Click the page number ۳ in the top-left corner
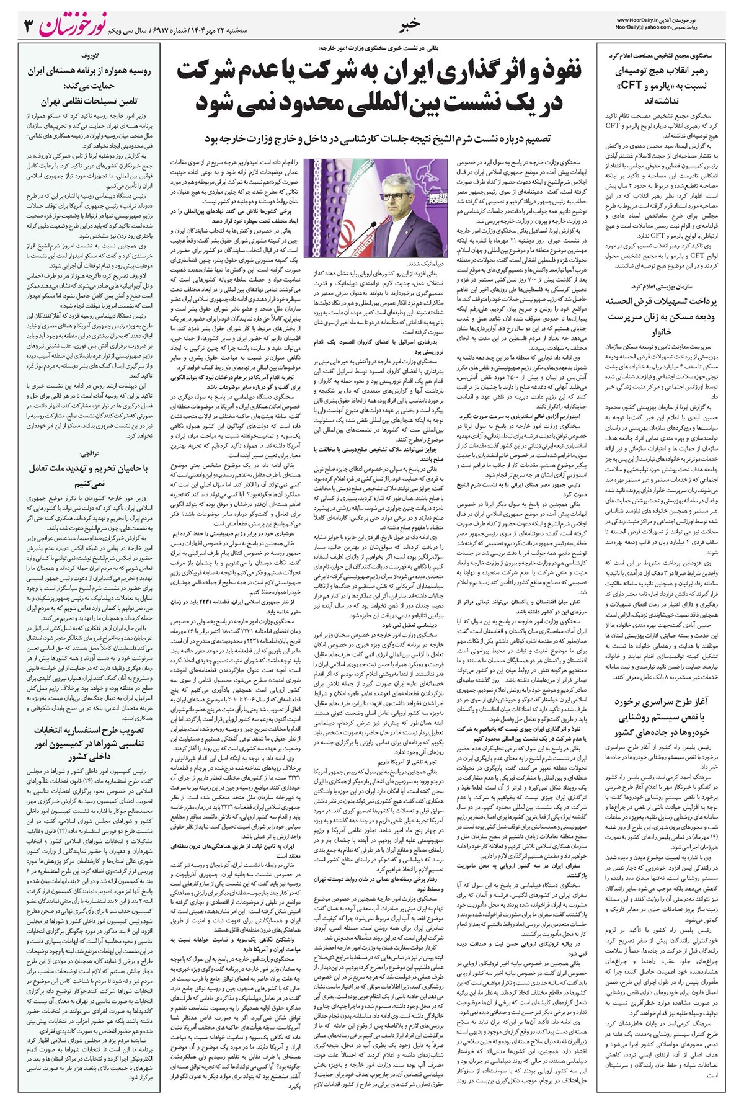(x=28, y=27)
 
